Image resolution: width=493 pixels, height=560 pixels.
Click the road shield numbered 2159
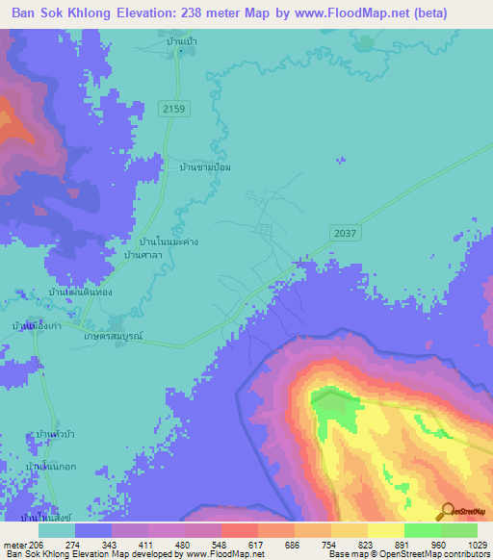[173, 110]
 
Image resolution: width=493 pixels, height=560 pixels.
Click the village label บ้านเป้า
[180, 43]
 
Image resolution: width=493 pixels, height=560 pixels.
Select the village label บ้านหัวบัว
[55, 435]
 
